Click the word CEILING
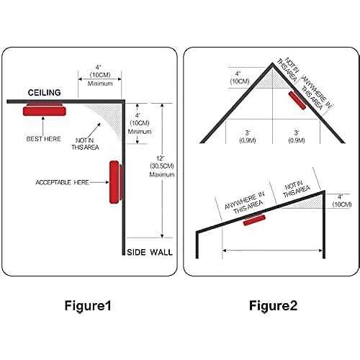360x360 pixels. [x=45, y=93]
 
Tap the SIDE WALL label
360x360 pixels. [x=150, y=252]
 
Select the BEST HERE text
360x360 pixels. [x=43, y=139]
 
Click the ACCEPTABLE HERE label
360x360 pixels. [x=62, y=182]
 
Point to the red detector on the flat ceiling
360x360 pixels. [x=45, y=109]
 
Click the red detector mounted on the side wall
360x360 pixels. [x=116, y=182]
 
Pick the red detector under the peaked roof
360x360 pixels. [x=297, y=100]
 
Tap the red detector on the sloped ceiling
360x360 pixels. [x=254, y=220]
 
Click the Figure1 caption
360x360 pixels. [x=88, y=306]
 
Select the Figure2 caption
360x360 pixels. [x=273, y=306]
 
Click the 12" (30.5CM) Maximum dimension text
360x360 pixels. [x=162, y=166]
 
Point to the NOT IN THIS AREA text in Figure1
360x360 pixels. [x=85, y=144]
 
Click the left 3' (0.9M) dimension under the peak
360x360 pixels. [x=248, y=136]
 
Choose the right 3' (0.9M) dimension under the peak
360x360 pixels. [x=297, y=136]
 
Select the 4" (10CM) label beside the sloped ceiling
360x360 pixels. [x=342, y=201]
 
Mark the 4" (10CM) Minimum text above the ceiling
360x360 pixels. [x=100, y=76]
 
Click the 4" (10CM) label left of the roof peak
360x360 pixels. [x=240, y=78]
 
